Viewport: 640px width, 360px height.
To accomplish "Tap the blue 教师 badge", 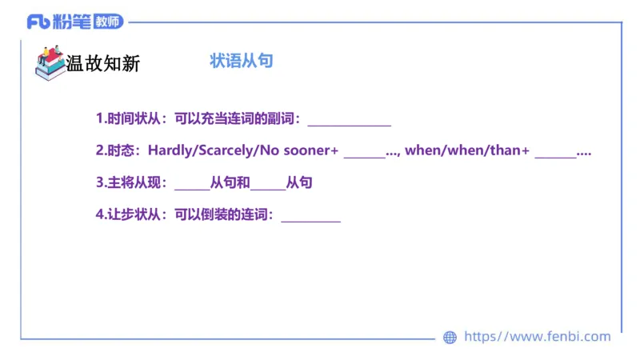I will (x=107, y=22).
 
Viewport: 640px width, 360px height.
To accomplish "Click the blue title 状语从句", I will (x=242, y=61).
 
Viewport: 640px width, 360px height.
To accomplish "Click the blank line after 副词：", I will (x=350, y=122).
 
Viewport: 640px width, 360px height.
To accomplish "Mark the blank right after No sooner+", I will (x=365, y=154).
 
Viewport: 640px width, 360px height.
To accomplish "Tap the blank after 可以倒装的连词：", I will (x=311, y=218).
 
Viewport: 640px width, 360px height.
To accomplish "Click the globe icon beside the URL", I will (x=450, y=338).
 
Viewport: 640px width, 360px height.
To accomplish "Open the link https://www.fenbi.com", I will (x=538, y=337).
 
